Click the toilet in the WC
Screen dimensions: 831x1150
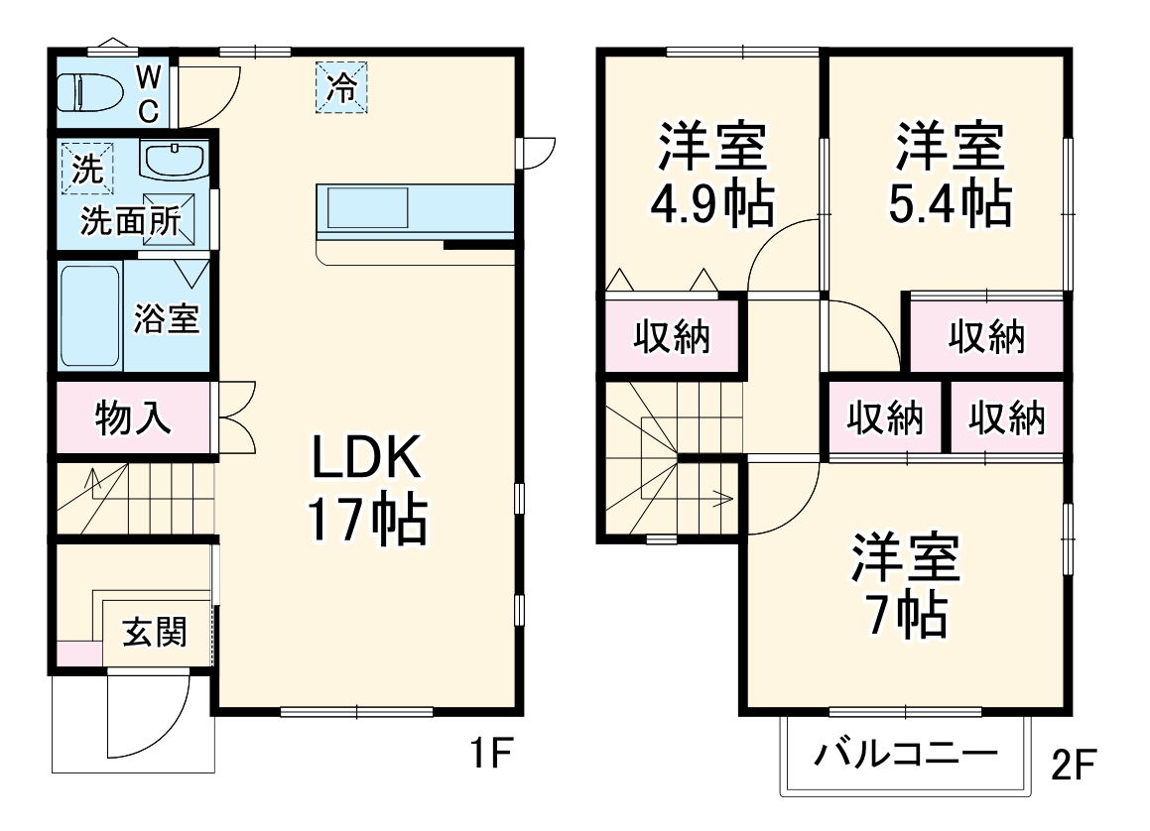pyautogui.click(x=89, y=93)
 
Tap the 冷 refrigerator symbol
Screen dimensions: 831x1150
pyautogui.click(x=341, y=87)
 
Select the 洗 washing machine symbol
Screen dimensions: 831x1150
pyautogui.click(x=88, y=168)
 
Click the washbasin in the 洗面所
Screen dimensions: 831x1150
pyautogui.click(x=175, y=161)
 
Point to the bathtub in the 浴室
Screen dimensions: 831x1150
pyautogui.click(x=90, y=316)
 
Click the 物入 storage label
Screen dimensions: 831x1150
pyautogui.click(x=134, y=417)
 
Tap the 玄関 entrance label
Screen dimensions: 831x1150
pyautogui.click(x=155, y=632)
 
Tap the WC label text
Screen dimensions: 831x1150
pyautogui.click(x=148, y=92)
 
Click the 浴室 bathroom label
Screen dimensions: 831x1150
pyautogui.click(x=167, y=319)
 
